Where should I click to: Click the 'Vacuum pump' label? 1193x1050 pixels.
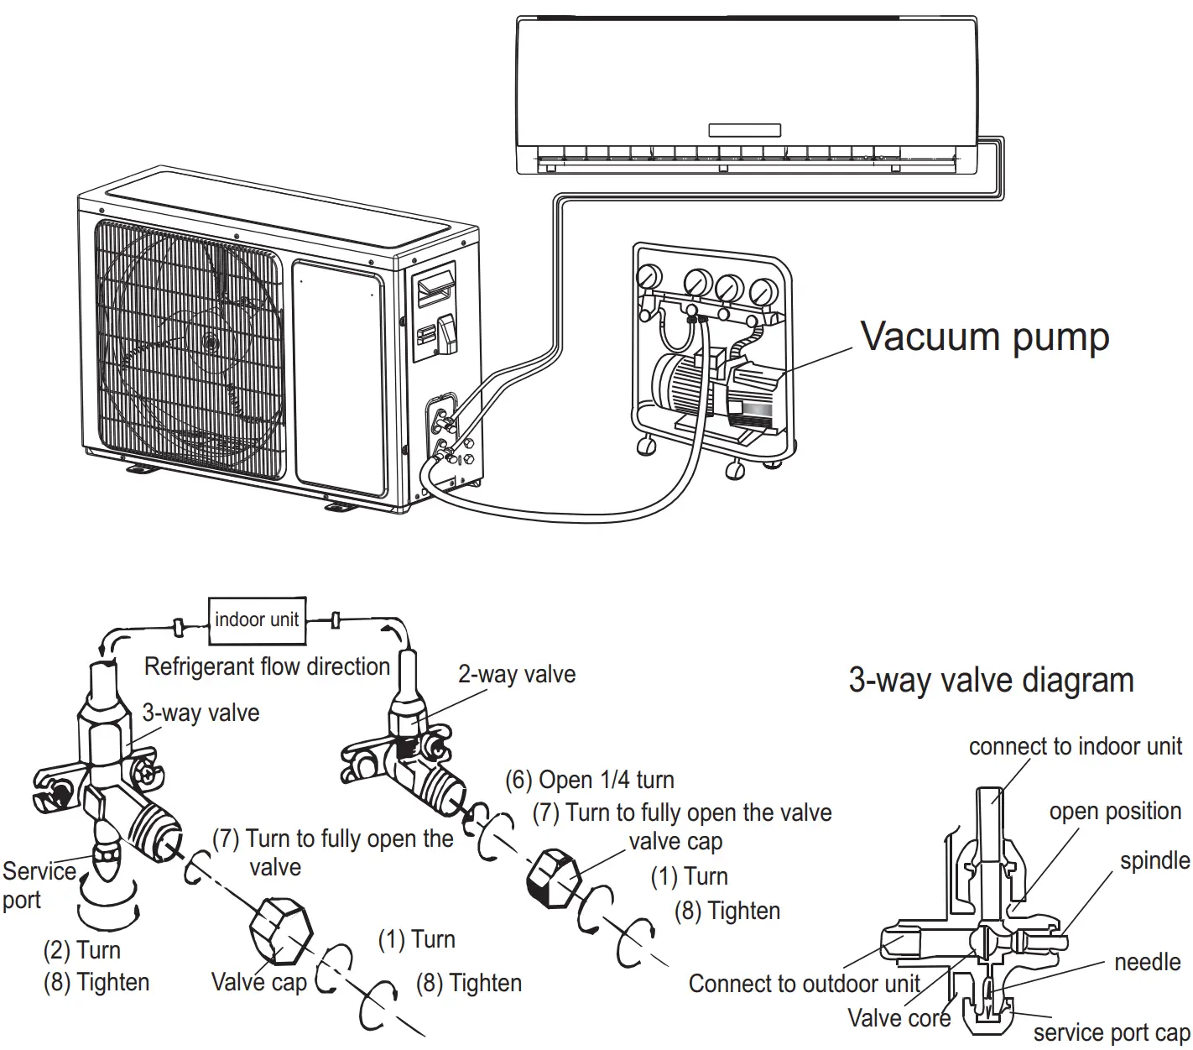click(x=985, y=337)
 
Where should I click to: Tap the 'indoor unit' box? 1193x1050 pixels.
click(x=257, y=620)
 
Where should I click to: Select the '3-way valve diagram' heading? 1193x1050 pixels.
click(x=991, y=680)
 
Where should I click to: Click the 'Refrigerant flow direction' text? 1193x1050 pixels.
click(x=267, y=666)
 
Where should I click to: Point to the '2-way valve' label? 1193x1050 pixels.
click(x=517, y=674)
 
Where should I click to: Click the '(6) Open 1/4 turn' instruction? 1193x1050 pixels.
click(x=590, y=780)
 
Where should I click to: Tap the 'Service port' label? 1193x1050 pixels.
click(x=38, y=885)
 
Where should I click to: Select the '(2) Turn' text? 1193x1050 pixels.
click(x=82, y=950)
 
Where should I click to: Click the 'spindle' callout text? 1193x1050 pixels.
click(x=1154, y=860)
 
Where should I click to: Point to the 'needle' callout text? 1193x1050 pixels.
click(x=1147, y=962)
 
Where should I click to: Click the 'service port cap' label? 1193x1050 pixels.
click(x=1111, y=1032)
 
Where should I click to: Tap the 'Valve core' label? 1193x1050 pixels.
click(x=899, y=1018)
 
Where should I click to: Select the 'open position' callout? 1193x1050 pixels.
click(x=1114, y=811)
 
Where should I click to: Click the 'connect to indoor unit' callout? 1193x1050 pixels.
click(x=1075, y=746)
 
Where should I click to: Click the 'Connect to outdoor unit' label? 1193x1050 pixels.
click(x=804, y=983)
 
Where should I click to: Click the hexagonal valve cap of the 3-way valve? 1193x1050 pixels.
click(x=280, y=932)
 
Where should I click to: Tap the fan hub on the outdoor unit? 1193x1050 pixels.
click(x=208, y=342)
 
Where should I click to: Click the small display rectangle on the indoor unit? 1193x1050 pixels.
click(x=744, y=130)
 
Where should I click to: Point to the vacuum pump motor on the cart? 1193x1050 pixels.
click(x=684, y=384)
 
